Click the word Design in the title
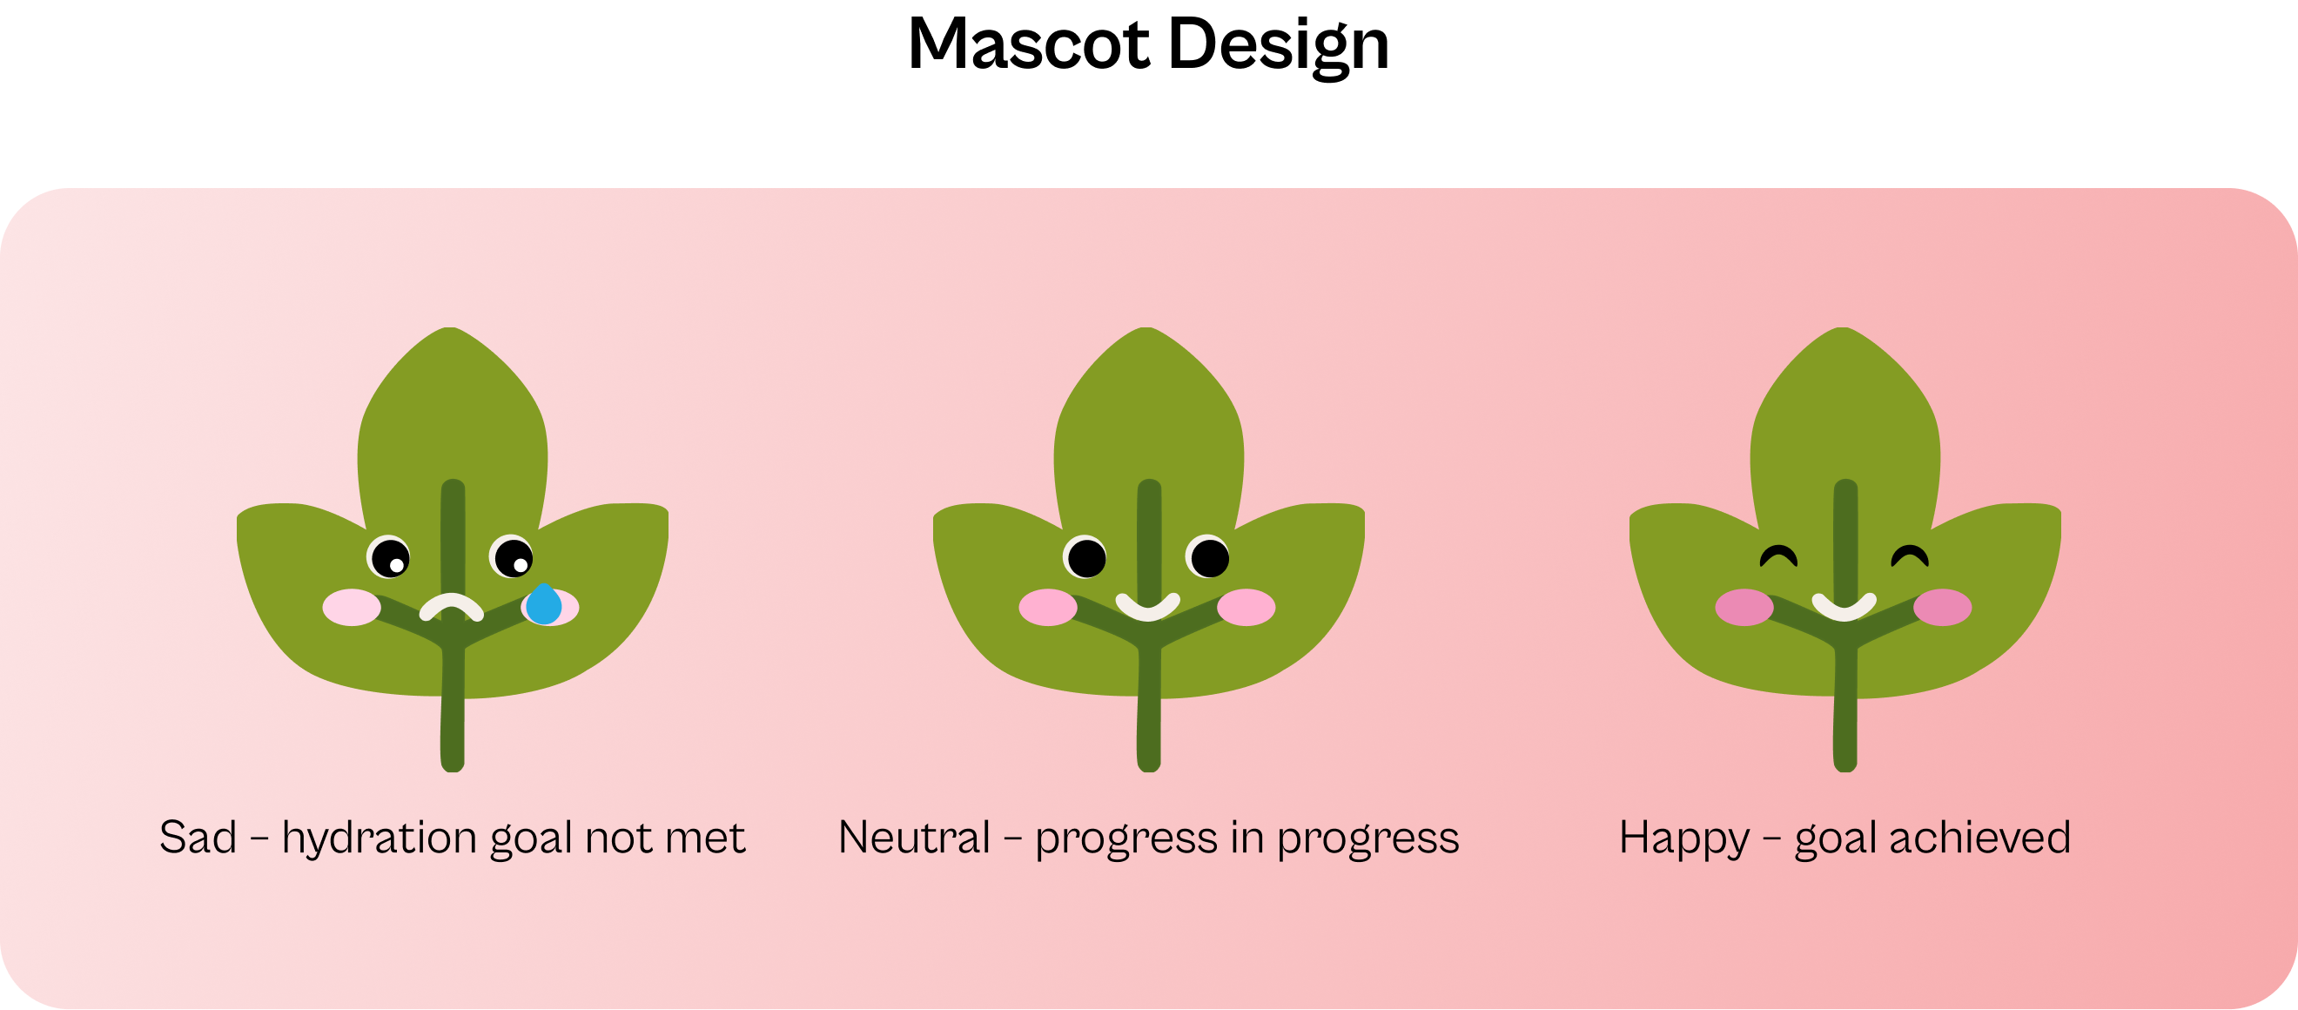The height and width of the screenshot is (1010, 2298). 1279,46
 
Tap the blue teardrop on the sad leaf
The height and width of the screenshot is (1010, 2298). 543,604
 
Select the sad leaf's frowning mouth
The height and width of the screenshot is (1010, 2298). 452,607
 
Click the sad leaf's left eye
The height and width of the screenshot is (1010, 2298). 389,557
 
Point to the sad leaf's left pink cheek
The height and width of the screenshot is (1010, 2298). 352,608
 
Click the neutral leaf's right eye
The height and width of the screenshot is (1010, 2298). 1209,557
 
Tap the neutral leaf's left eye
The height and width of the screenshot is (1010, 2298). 1085,557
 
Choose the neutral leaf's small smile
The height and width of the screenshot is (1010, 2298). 1148,607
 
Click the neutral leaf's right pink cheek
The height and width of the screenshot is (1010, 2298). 1246,608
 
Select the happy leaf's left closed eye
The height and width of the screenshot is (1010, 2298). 1779,556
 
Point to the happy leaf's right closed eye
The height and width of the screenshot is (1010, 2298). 1910,556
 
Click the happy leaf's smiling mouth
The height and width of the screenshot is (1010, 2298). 1844,607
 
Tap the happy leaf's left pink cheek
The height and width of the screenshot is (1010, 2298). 1744,608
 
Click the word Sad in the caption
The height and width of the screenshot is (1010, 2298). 198,838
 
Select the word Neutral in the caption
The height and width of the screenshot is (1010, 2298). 914,838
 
